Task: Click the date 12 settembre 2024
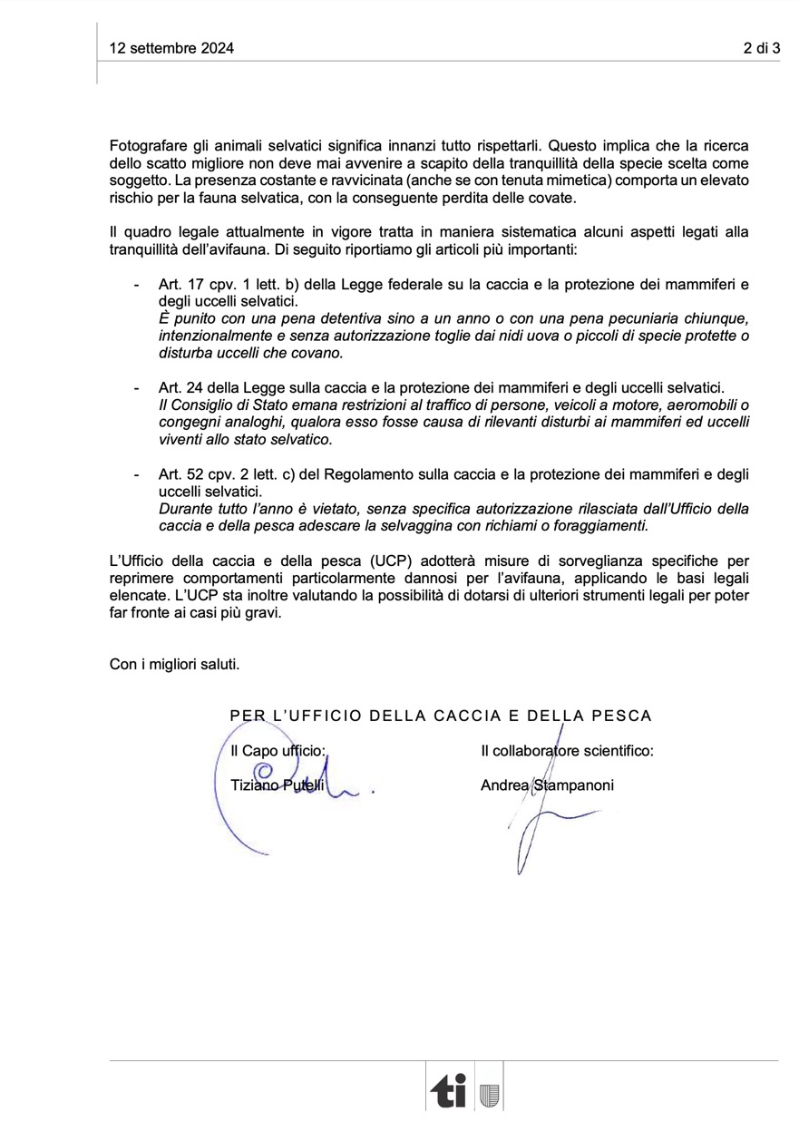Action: [171, 49]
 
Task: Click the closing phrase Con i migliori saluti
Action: [175, 664]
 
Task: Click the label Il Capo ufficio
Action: [278, 751]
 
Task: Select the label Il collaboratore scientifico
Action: [567, 751]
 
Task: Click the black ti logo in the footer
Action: [450, 1091]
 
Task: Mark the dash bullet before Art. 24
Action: [136, 388]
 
